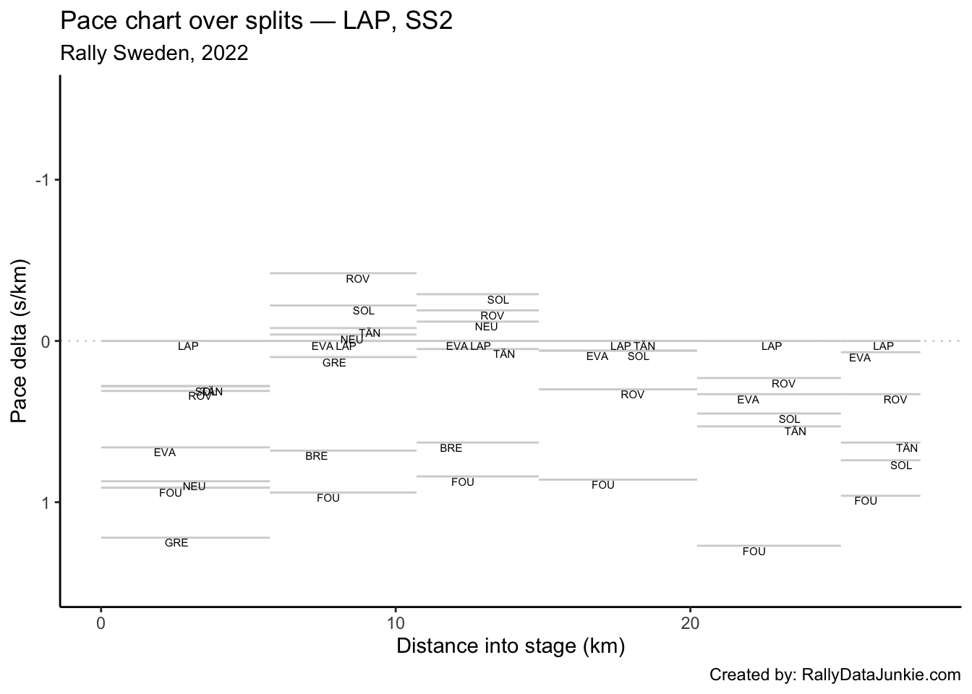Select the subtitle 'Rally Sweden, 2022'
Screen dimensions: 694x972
[x=154, y=53]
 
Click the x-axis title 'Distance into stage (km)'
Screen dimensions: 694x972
[x=511, y=646]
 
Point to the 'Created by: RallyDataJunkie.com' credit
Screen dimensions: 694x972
[x=835, y=675]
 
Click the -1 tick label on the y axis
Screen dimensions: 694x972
[x=42, y=180]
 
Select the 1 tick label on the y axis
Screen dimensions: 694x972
[x=45, y=502]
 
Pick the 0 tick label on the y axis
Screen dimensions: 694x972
[x=45, y=341]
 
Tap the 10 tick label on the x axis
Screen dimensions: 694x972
[x=396, y=623]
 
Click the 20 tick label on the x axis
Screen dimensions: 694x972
[x=690, y=623]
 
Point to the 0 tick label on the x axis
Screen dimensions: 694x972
[x=101, y=623]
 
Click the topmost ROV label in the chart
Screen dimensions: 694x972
[x=358, y=279]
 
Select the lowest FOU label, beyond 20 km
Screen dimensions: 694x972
[x=754, y=552]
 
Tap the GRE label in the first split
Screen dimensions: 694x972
[x=176, y=543]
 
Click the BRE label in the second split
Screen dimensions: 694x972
[x=316, y=456]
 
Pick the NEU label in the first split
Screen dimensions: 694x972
[x=194, y=487]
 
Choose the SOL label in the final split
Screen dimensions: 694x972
[x=901, y=466]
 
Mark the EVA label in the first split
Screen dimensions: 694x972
[x=165, y=453]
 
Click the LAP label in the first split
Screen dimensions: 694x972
[x=188, y=346]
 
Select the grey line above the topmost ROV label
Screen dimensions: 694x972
[x=343, y=273]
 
